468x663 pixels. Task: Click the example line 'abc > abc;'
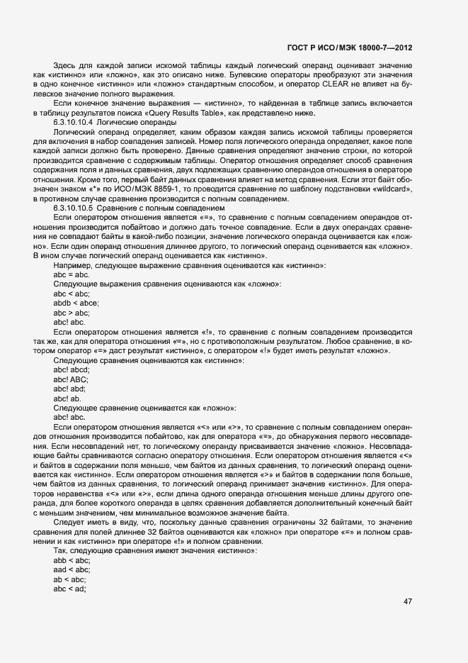pyautogui.click(x=72, y=312)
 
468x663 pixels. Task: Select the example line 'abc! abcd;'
pyautogui.click(x=72, y=370)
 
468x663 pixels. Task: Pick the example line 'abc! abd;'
pyautogui.click(x=70, y=389)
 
